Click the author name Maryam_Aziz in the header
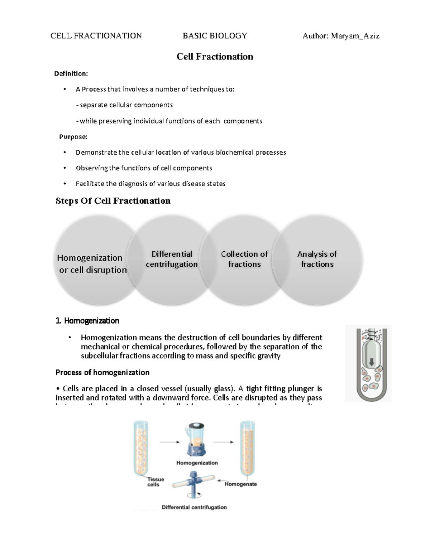[x=355, y=36]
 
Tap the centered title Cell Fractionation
[x=215, y=57]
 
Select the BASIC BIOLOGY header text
[x=215, y=36]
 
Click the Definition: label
[x=71, y=73]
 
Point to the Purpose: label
[x=73, y=137]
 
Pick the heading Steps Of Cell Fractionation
[x=113, y=201]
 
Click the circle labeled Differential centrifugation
[x=172, y=259]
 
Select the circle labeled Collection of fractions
[x=244, y=259]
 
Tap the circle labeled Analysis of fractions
[x=317, y=259]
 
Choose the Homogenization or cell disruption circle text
[x=92, y=264]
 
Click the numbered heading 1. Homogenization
[x=87, y=321]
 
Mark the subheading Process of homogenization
[x=102, y=372]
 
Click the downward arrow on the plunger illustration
[x=372, y=362]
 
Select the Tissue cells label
[x=156, y=482]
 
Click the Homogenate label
[x=241, y=484]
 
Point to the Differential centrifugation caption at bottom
[x=194, y=507]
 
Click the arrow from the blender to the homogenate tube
[x=223, y=442]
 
